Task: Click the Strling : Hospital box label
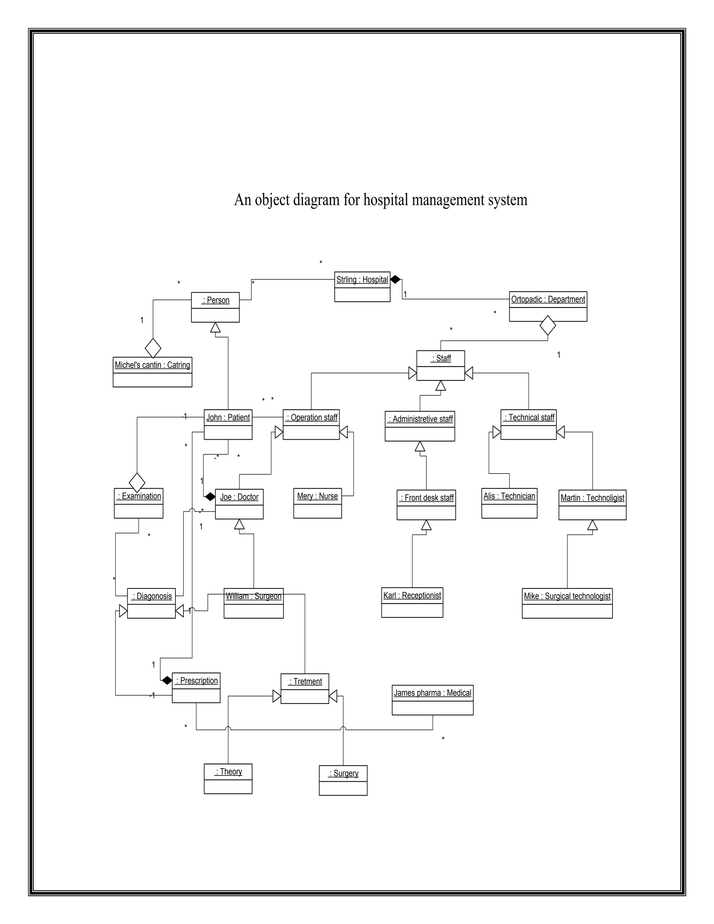[362, 280]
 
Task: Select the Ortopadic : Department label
[548, 300]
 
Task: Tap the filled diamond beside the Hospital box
[395, 279]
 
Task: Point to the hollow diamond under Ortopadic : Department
[548, 325]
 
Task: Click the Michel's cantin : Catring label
[152, 365]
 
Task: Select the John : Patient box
[228, 424]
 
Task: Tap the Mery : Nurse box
[317, 503]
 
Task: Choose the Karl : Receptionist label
[412, 596]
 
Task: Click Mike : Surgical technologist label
[567, 597]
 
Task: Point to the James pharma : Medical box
[432, 700]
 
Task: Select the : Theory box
[228, 779]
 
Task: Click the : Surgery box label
[343, 773]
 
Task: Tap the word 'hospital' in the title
[386, 200]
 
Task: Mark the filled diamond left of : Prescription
[167, 680]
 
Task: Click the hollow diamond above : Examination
[137, 482]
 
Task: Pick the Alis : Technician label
[509, 496]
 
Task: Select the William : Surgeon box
[253, 603]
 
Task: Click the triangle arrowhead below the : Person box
[215, 327]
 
